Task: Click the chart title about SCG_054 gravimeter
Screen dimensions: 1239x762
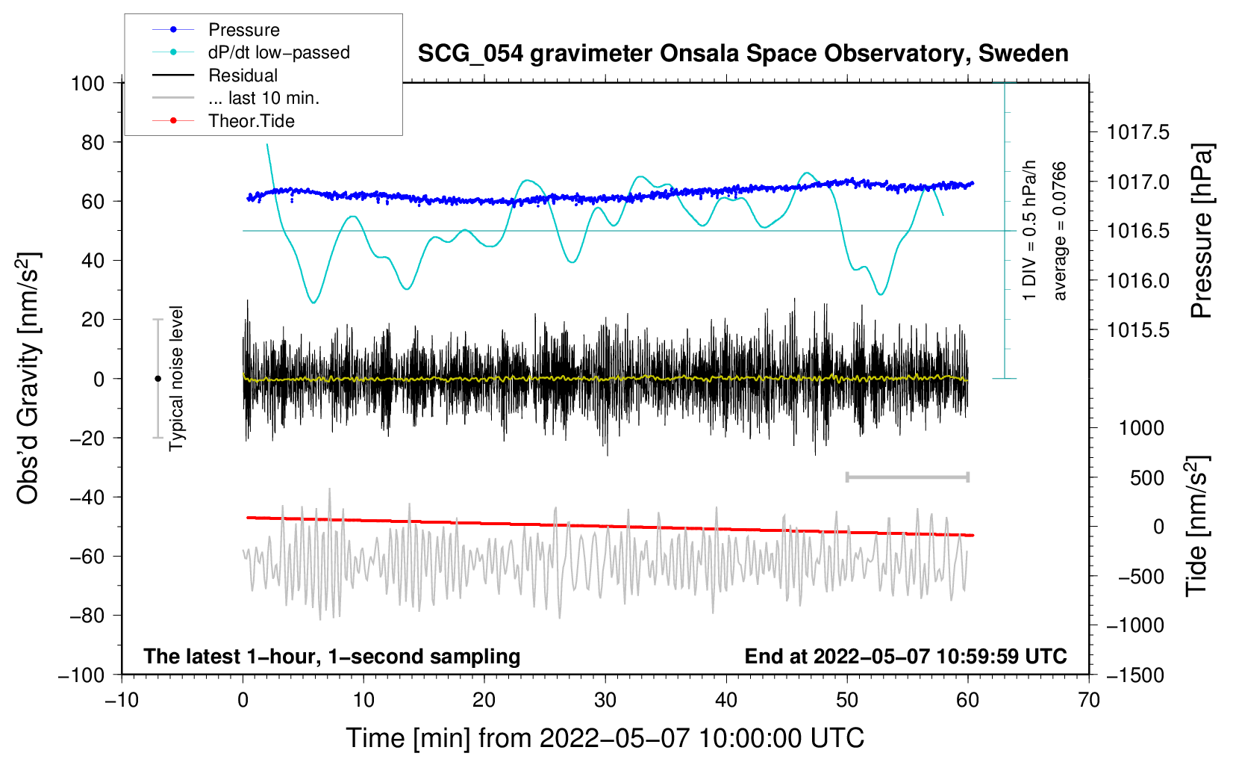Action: (743, 54)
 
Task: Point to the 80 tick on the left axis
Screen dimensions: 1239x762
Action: (93, 143)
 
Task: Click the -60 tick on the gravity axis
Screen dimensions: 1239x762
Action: (87, 556)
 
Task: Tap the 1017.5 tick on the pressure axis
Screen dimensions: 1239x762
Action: (1137, 132)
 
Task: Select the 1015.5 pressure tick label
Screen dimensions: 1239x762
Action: (1137, 330)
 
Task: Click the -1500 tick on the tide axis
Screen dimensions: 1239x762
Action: (1135, 675)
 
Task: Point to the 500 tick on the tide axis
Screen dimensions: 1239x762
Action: (1146, 478)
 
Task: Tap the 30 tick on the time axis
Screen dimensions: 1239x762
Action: (605, 700)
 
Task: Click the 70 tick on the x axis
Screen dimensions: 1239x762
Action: (1088, 700)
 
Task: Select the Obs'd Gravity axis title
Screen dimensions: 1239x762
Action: (28, 378)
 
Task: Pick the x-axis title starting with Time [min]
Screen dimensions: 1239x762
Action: (605, 738)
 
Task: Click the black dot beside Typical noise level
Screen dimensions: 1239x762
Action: (157, 379)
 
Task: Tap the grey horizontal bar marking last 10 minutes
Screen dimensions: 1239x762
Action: (907, 477)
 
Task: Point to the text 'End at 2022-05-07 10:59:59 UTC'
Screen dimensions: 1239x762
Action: (905, 656)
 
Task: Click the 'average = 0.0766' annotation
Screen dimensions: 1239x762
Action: (1058, 231)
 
